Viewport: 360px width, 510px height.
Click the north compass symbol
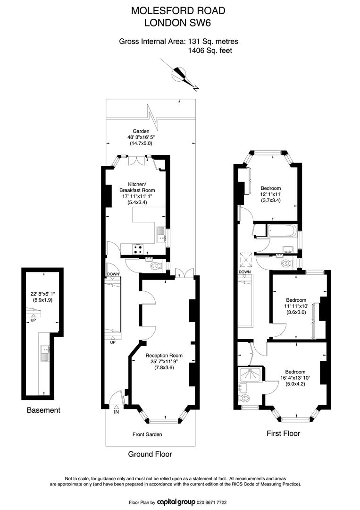(x=179, y=75)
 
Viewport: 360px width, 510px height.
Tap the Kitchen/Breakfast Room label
(x=137, y=187)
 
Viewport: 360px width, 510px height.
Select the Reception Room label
(x=164, y=356)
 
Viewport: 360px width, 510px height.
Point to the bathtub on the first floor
(x=281, y=231)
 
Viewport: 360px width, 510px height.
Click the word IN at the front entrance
(x=117, y=412)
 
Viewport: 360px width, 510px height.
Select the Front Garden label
(x=147, y=434)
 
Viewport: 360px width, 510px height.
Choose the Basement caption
(x=43, y=410)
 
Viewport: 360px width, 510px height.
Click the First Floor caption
(x=283, y=433)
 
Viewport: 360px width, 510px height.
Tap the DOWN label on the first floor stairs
(x=245, y=272)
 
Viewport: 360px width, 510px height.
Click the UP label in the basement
(x=33, y=320)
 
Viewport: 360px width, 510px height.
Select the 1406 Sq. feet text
(x=210, y=51)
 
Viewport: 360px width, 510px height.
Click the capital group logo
(x=176, y=502)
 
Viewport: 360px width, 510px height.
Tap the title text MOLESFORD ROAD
(x=178, y=11)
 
